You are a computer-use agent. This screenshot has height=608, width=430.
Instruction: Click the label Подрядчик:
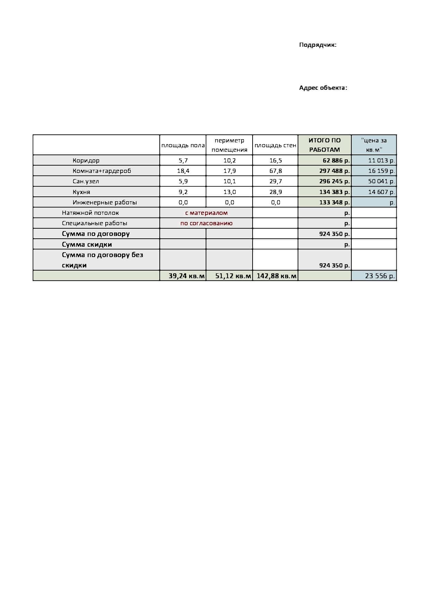(x=317, y=45)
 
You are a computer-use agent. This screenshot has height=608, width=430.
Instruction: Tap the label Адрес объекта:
(x=323, y=88)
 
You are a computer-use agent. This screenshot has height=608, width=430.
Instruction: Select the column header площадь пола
(x=183, y=145)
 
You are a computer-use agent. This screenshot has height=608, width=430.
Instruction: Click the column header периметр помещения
(x=229, y=145)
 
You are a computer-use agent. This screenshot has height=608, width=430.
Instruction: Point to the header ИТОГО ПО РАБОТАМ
(x=324, y=145)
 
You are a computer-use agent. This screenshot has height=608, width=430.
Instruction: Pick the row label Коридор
(x=86, y=160)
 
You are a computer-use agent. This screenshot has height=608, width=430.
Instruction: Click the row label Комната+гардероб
(x=102, y=171)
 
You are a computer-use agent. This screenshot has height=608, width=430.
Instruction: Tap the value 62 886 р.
(x=336, y=160)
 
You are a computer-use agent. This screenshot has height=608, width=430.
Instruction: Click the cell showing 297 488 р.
(x=334, y=171)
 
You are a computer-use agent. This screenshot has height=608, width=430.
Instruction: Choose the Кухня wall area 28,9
(x=276, y=192)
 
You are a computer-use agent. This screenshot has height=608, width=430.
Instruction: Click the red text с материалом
(x=206, y=213)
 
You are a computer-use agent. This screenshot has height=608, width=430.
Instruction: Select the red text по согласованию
(x=206, y=223)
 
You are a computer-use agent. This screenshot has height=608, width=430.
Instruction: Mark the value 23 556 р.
(x=379, y=276)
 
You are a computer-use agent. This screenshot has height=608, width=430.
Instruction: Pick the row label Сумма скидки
(x=87, y=244)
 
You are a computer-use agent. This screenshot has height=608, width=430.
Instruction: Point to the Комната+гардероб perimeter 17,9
(x=229, y=171)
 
